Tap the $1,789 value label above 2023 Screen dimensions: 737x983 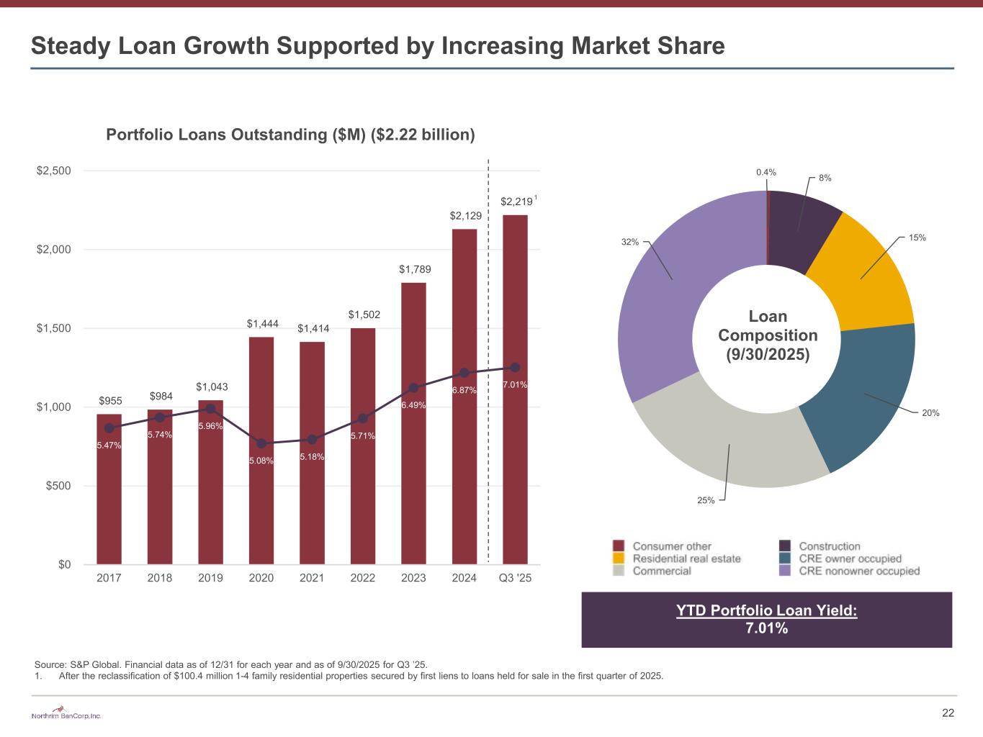414,269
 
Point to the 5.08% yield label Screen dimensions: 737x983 261,461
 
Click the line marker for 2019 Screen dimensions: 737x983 210,409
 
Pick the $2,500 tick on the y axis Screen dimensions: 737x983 54,171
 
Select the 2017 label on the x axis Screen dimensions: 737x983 109,578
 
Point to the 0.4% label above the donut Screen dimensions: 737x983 766,172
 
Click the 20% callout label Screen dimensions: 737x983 931,413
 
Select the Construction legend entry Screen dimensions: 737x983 830,546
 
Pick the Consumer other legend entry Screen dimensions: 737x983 672,546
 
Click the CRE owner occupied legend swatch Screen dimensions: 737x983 785,559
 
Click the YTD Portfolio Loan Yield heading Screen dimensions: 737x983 766,610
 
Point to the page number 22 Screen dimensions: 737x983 948,713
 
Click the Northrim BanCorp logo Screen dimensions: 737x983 67,715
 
